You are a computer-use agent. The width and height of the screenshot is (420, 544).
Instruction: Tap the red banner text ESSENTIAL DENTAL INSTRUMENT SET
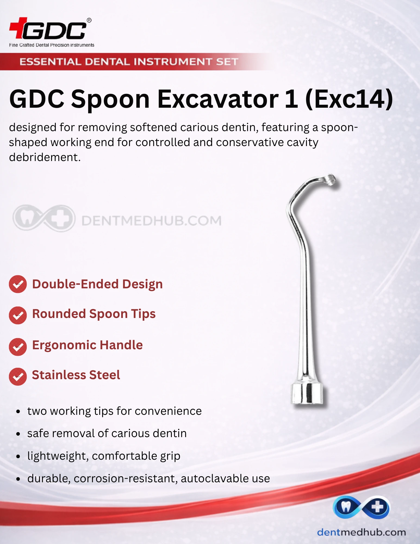[129, 62]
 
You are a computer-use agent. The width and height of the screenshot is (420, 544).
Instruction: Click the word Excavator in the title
[218, 99]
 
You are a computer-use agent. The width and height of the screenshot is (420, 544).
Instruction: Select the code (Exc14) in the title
[349, 99]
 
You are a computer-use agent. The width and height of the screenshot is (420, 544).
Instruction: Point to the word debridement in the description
[45, 157]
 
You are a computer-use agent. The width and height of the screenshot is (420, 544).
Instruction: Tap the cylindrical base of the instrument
[307, 393]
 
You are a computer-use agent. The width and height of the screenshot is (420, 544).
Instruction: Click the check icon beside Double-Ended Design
[18, 284]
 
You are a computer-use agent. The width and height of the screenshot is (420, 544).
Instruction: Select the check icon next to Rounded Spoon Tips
[18, 315]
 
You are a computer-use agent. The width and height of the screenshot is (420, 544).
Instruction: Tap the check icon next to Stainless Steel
[18, 377]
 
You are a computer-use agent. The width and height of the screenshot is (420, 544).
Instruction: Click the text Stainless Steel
[76, 375]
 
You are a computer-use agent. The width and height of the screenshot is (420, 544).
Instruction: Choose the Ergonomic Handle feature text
[88, 345]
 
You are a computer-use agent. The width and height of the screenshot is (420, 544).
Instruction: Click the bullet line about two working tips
[114, 411]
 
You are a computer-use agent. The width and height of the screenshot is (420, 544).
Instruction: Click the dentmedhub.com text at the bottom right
[362, 532]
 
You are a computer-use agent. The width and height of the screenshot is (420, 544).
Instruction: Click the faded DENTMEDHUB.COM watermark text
[151, 221]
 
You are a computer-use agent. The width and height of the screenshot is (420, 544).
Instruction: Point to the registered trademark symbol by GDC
[89, 20]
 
